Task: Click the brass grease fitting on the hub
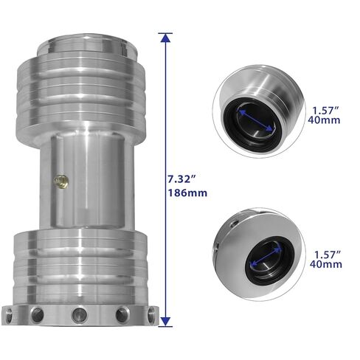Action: pyautogui.click(x=61, y=181)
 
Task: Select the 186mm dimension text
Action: pyautogui.click(x=187, y=193)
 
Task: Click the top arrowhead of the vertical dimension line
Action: pyautogui.click(x=165, y=38)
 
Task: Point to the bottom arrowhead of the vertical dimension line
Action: pyautogui.click(x=165, y=322)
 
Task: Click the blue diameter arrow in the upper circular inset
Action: pyautogui.click(x=256, y=121)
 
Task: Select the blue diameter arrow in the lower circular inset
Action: pyautogui.click(x=266, y=257)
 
